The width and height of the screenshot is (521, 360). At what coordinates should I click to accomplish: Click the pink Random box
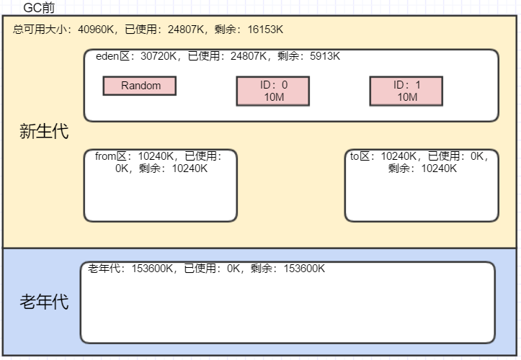(140, 86)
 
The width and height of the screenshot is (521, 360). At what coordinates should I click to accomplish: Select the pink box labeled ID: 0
(273, 91)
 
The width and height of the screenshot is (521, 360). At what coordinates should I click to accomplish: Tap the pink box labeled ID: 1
(406, 91)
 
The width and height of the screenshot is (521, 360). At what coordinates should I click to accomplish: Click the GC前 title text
(39, 8)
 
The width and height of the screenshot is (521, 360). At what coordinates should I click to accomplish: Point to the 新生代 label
(44, 132)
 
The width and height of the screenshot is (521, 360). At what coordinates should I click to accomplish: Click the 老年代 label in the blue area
(44, 302)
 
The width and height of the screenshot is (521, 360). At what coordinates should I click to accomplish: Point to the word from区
(110, 156)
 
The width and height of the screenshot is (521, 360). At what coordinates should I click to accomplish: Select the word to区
(360, 156)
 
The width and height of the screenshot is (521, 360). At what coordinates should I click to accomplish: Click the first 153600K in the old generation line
(152, 269)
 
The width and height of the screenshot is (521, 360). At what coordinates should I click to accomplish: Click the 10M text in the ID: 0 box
(274, 97)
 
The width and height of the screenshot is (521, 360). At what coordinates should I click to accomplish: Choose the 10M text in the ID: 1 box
(406, 97)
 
